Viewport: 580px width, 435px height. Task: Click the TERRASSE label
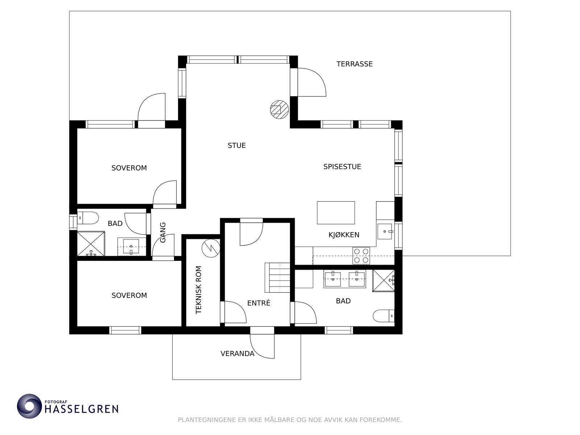[x=354, y=64]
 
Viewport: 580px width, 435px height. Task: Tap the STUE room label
[x=237, y=145]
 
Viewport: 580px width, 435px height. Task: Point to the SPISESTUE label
[x=342, y=167]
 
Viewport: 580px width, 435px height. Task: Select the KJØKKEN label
[x=344, y=235]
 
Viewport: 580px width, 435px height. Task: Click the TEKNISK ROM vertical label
[x=198, y=290]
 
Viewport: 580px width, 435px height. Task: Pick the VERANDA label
[x=237, y=354]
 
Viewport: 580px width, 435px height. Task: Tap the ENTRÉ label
[x=259, y=303]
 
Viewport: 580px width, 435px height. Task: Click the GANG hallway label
[x=163, y=232]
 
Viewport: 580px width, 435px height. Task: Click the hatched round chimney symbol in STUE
[x=279, y=109]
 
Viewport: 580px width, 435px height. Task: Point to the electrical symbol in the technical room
[x=211, y=248]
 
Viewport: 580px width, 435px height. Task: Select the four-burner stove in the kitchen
[x=361, y=256]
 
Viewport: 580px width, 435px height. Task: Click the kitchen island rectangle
[x=336, y=213]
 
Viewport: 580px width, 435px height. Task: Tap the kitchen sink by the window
[x=385, y=231]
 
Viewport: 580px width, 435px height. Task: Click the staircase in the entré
[x=277, y=277]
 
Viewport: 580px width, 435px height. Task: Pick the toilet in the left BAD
[x=88, y=218]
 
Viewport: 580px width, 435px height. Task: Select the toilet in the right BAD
[x=384, y=316]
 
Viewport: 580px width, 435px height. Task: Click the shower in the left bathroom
[x=91, y=244]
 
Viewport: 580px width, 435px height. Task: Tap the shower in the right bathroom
[x=384, y=281]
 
